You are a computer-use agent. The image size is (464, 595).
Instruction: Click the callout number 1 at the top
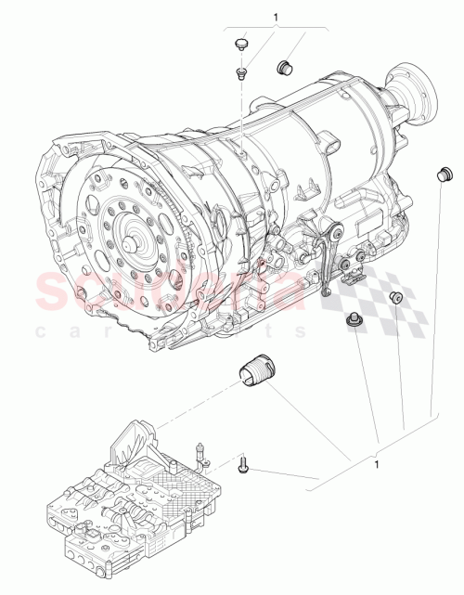276,17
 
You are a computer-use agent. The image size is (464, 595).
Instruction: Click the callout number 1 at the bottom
375,461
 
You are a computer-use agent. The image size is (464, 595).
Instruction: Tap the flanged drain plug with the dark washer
353,320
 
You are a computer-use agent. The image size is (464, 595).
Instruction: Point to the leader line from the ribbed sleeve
306,422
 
